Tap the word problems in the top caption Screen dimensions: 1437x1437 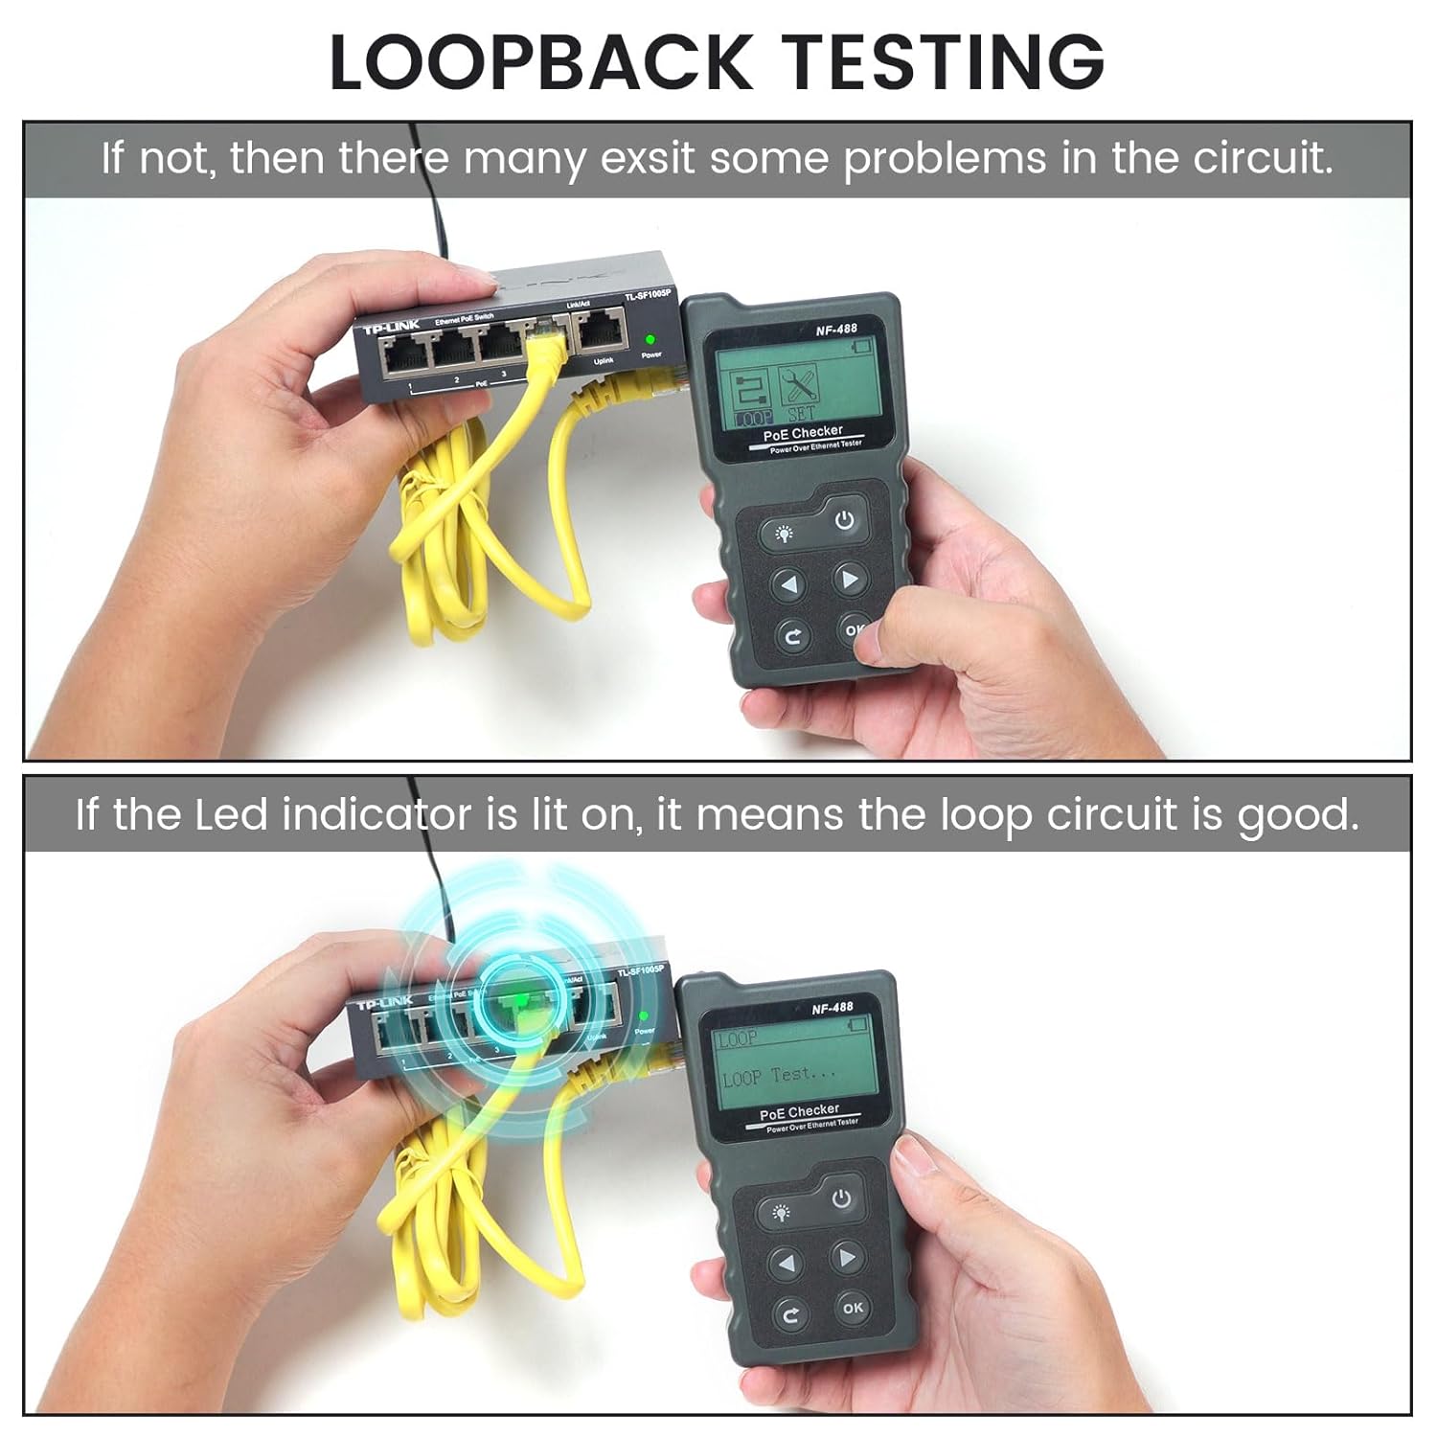pyautogui.click(x=945, y=158)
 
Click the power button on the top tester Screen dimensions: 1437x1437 pyautogui.click(x=843, y=521)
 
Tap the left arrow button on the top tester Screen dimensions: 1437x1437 pyautogui.click(x=788, y=583)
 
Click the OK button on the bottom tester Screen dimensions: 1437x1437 pyautogui.click(x=853, y=1307)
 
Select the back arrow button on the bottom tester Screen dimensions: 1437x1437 pyautogui.click(x=790, y=1315)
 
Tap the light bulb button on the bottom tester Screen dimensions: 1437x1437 pyautogui.click(x=783, y=1213)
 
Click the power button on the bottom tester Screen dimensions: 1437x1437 pyautogui.click(x=841, y=1198)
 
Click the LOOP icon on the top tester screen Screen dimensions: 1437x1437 pyautogui.click(x=753, y=397)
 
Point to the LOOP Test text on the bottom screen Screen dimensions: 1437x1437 pyautogui.click(x=778, y=1076)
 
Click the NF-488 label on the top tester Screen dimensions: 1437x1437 pyautogui.click(x=836, y=329)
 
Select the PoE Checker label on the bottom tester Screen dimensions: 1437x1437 pyautogui.click(x=799, y=1112)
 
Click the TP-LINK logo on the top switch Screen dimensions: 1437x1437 pyautogui.click(x=391, y=329)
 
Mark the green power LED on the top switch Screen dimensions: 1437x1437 pyautogui.click(x=650, y=340)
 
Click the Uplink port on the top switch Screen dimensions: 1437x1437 pyautogui.click(x=599, y=332)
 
